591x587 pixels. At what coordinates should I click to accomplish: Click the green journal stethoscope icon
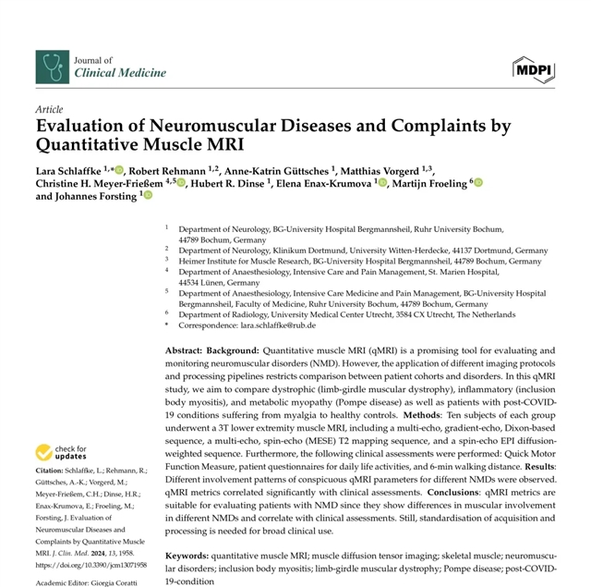pos(51,66)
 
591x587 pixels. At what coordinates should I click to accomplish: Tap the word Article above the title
pos(49,108)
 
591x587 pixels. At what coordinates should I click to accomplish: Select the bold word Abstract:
pos(185,352)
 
